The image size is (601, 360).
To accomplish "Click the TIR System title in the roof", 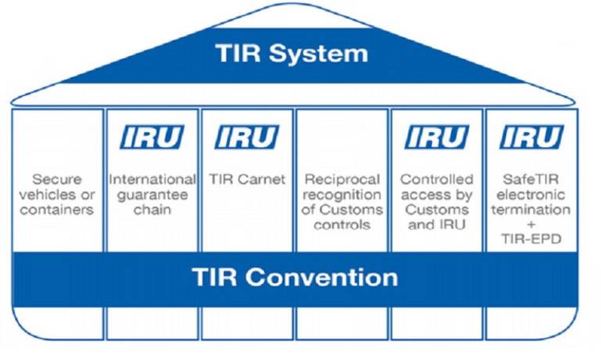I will coord(292,54).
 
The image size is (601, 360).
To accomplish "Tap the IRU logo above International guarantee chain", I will coord(152,138).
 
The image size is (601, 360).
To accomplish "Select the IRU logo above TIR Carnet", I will coord(247,138).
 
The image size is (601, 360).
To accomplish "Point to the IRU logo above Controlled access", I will coord(436,138).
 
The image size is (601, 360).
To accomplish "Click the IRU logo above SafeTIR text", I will coord(531,138).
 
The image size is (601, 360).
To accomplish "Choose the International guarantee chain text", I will coord(152,195).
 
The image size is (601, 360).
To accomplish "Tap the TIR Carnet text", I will coord(247,179).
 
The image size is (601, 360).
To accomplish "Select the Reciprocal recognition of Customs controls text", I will coord(342,202).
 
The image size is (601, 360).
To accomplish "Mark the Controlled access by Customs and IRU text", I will coord(436,202).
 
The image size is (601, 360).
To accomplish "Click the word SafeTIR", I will coord(531,179).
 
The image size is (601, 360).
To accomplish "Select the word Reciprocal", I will coord(342,179).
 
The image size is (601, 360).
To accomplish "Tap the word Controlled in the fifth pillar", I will coord(436,179).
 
